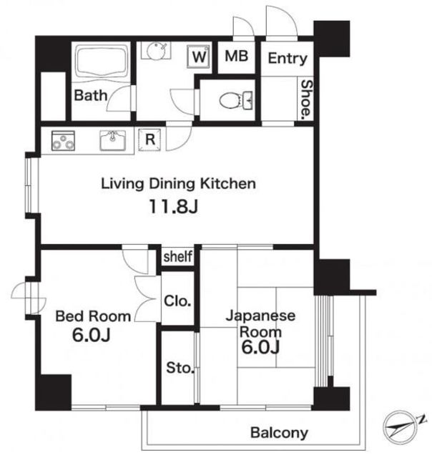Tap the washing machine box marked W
200,56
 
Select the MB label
237,56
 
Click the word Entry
288,59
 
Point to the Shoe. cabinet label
307,99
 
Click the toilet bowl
237,101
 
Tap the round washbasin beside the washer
156,51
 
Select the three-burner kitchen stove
63,141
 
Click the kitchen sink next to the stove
113,140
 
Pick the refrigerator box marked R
149,140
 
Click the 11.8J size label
174,206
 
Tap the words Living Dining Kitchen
178,184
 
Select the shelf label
178,256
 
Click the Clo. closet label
177,301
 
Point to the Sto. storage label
180,368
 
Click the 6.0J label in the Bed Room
91,335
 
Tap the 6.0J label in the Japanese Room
260,347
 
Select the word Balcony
279,432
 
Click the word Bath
91,95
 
